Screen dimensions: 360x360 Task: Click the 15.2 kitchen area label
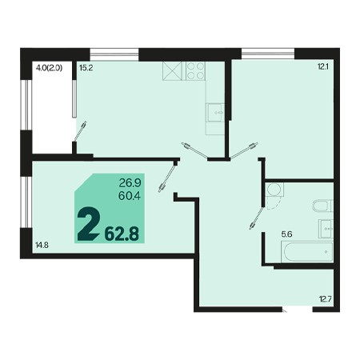[x=86, y=68]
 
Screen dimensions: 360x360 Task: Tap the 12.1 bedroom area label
[x=323, y=66]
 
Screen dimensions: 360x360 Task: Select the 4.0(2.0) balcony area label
[x=49, y=68]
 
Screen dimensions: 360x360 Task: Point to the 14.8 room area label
[x=42, y=245]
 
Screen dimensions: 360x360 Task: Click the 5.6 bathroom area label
[x=287, y=234]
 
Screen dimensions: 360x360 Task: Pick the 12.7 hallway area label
[x=326, y=299]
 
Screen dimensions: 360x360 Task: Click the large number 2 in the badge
[x=88, y=224]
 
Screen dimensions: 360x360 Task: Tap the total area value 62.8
[x=122, y=234]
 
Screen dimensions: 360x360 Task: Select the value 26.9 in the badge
[x=130, y=183]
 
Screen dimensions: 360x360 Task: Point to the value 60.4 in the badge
[x=130, y=196]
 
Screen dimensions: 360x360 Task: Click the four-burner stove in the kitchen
[x=195, y=71]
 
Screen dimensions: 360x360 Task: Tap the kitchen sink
[x=215, y=112]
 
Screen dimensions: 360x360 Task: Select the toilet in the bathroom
[x=322, y=206]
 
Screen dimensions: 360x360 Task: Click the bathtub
[x=307, y=252]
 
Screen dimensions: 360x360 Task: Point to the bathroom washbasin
[x=326, y=229]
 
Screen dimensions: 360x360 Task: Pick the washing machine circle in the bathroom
[x=274, y=190]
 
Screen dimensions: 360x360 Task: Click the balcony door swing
[x=80, y=130]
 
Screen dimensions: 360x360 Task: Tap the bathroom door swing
[x=257, y=218]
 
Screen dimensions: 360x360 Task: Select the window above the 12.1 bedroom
[x=268, y=53]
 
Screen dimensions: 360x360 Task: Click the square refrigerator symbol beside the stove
[x=173, y=71]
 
